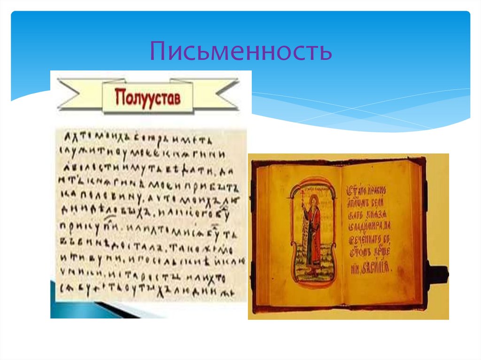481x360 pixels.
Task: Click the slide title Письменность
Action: point(240,52)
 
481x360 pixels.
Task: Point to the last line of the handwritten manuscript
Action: point(149,291)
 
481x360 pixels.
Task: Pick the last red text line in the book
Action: point(373,268)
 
